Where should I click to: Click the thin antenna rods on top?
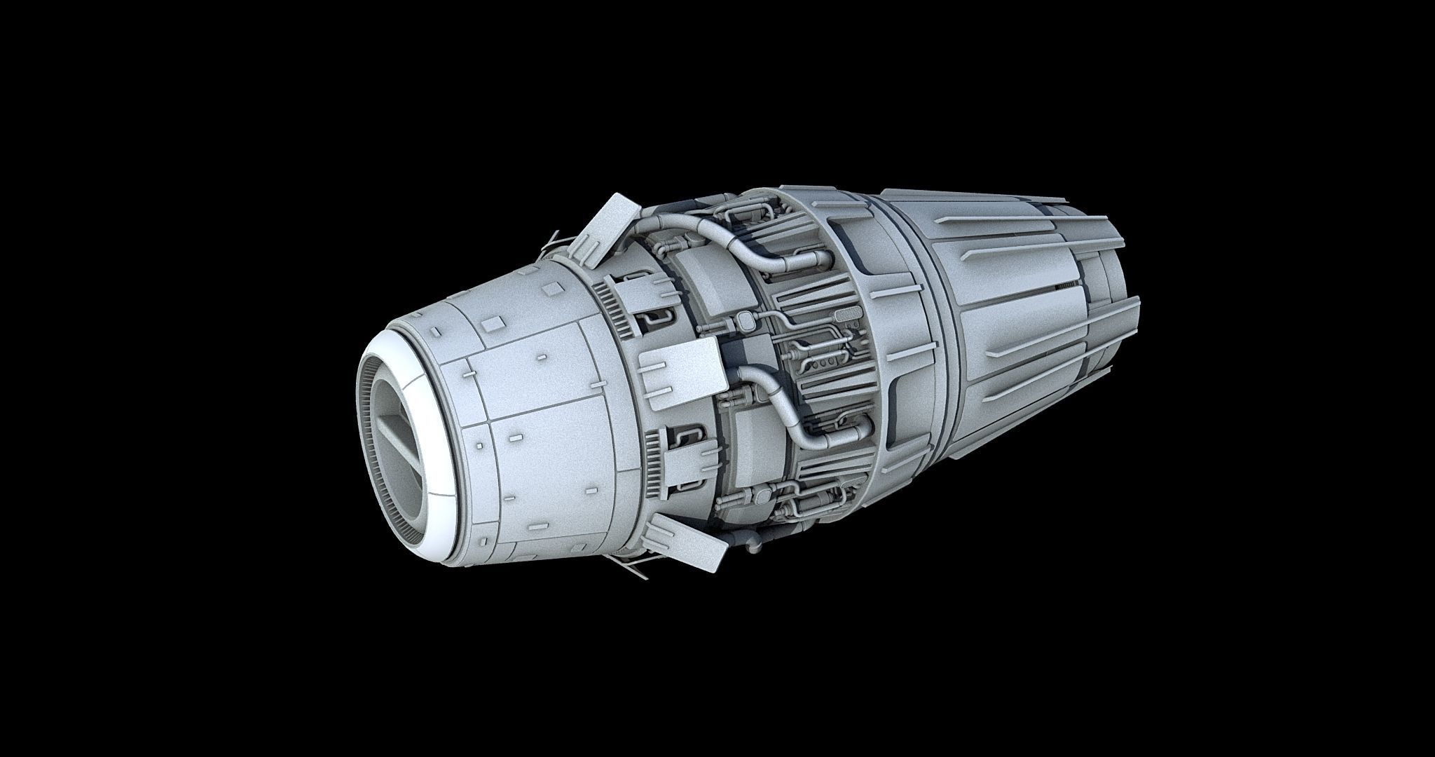tap(554, 238)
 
